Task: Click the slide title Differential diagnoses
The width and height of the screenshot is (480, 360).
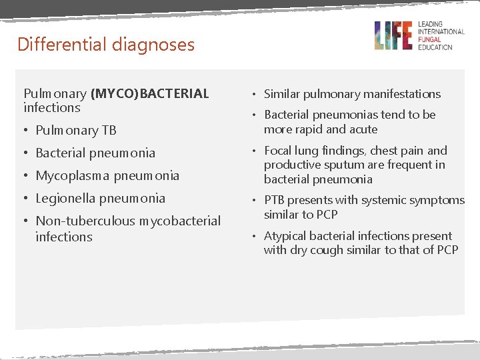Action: (106, 45)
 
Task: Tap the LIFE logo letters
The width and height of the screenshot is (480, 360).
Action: (393, 35)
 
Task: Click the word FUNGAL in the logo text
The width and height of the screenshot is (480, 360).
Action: (430, 39)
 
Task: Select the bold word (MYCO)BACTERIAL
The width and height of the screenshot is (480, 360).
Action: (150, 93)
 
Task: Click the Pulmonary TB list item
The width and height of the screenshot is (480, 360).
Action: (76, 130)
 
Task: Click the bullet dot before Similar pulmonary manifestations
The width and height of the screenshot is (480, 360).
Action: (256, 95)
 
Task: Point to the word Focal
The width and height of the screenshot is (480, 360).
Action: (279, 151)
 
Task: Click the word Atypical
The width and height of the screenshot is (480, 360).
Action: (286, 236)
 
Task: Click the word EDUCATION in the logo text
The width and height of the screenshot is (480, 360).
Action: (435, 47)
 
